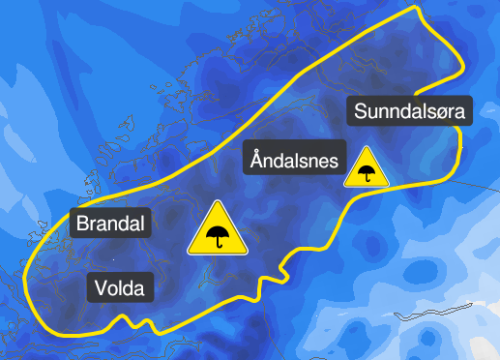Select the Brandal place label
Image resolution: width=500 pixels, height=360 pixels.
pos(111,225)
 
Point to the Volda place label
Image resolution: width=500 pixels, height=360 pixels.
pos(122,287)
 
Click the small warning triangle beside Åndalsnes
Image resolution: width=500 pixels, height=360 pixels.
pos(367,168)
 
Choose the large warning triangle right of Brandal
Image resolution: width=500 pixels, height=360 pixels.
pos(218,231)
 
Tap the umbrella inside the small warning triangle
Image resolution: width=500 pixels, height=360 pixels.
pos(367,172)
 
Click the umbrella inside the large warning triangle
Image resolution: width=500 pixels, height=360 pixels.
pos(218,234)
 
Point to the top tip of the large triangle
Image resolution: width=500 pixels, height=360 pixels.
pos(218,202)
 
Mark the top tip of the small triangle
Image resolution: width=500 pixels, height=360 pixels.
pos(367,147)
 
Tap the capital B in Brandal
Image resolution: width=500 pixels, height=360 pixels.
pos(82,225)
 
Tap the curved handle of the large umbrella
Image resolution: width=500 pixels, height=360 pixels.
pos(221,245)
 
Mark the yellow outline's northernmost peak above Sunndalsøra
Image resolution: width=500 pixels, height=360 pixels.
pos(416,7)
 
